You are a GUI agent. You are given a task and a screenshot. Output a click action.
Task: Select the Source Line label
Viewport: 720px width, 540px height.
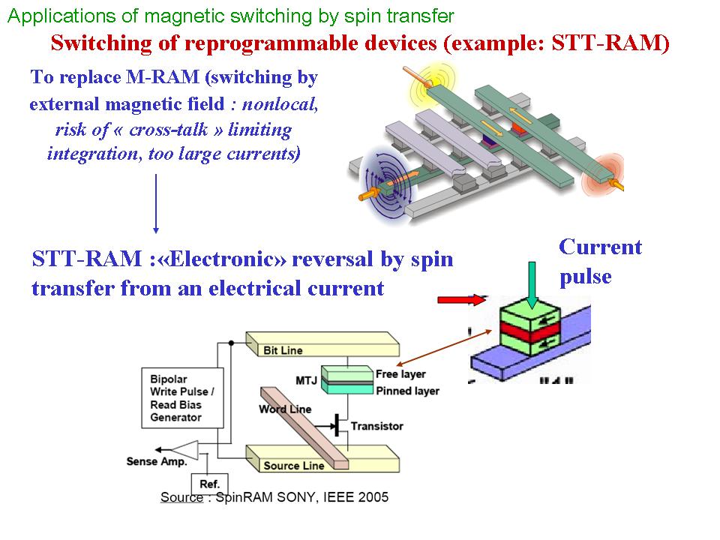[x=294, y=466]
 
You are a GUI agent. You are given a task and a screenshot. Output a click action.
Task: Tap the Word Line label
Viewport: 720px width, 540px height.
[x=284, y=409]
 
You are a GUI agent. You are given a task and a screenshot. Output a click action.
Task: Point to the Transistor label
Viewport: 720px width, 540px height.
[x=376, y=426]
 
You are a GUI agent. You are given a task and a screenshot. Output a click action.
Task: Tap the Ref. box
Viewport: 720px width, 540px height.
[x=210, y=484]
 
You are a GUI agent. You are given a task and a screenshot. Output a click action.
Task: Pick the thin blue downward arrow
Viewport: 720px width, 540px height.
[x=155, y=203]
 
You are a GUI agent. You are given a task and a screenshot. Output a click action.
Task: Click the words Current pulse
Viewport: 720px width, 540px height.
[x=600, y=262]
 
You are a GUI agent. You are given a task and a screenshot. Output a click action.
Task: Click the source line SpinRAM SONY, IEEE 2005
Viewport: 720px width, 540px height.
[x=274, y=497]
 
